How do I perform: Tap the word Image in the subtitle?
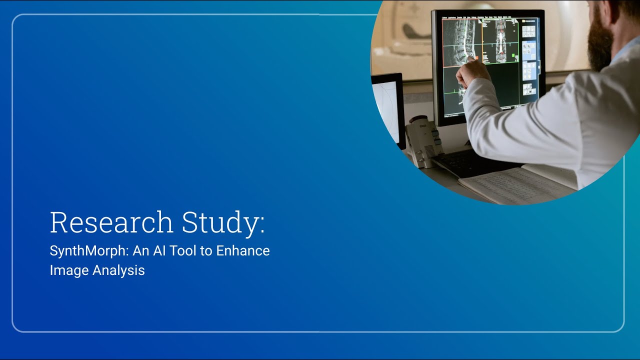[66, 270]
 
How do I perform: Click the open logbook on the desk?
[515, 185]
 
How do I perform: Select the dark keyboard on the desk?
[470, 162]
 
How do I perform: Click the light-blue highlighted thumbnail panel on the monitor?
[529, 50]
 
